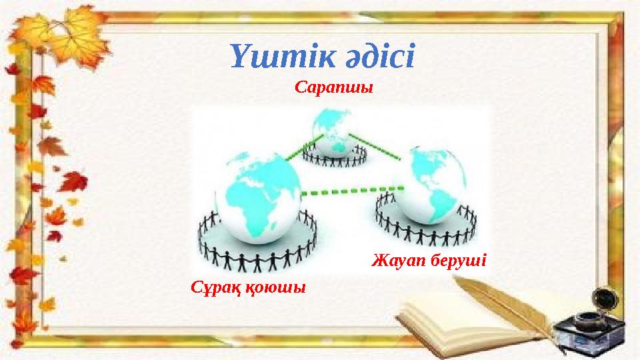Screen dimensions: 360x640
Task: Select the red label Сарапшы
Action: pyautogui.click(x=333, y=87)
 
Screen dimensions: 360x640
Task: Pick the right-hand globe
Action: pyautogui.click(x=431, y=187)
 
